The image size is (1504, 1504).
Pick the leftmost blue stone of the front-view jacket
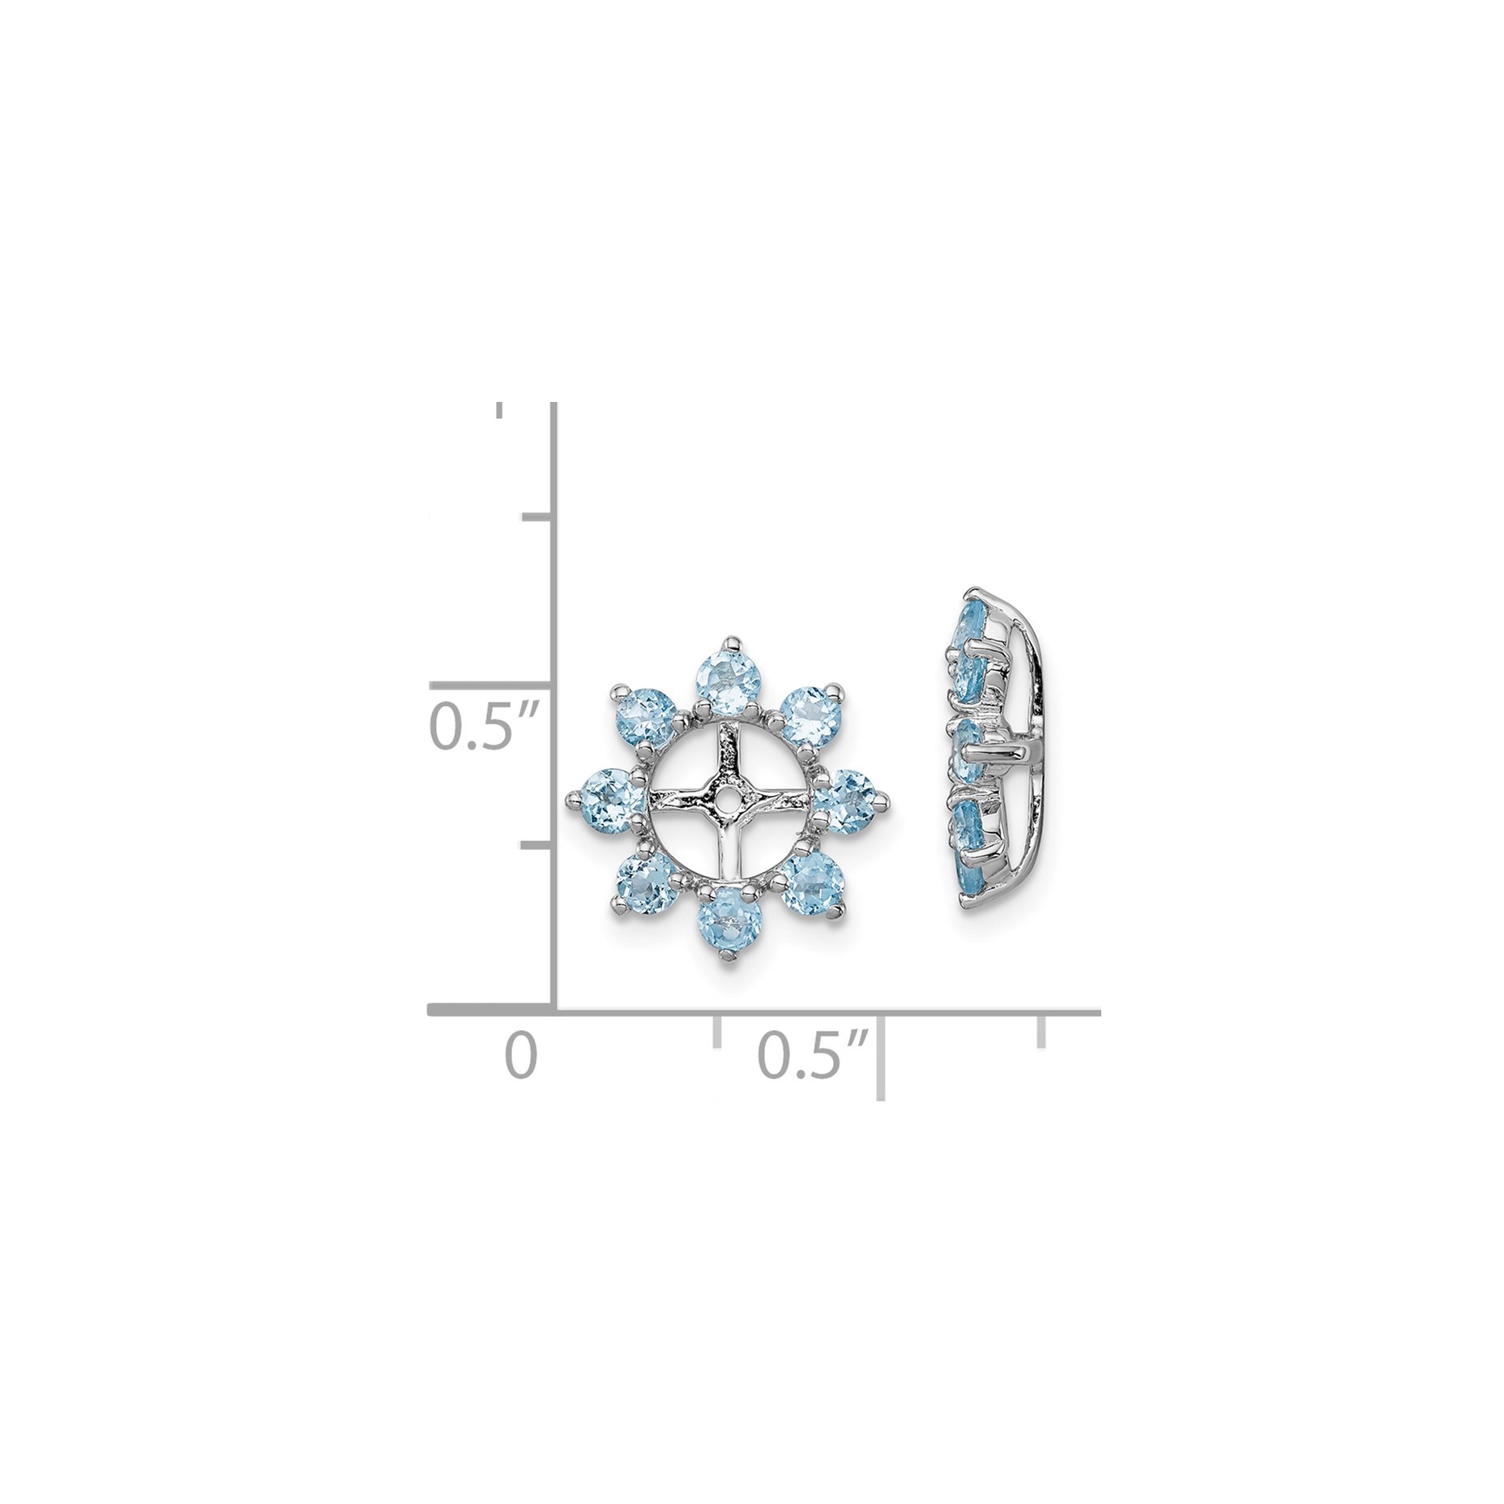(x=609, y=796)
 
